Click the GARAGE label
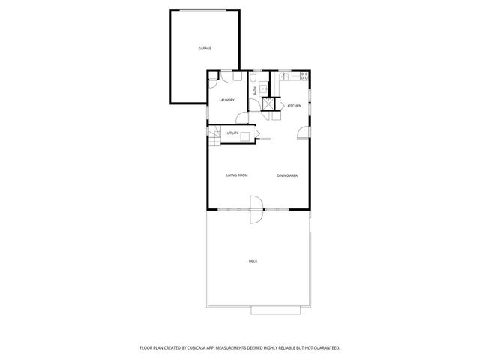pyautogui.click(x=205, y=48)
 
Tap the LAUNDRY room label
pyautogui.click(x=226, y=100)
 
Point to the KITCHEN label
pyautogui.click(x=295, y=106)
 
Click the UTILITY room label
pyautogui.click(x=232, y=133)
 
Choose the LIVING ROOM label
pyautogui.click(x=237, y=175)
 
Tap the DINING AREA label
pyautogui.click(x=287, y=175)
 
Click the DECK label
pyautogui.click(x=253, y=260)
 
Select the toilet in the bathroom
pyautogui.click(x=255, y=78)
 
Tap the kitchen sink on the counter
pyautogui.click(x=285, y=76)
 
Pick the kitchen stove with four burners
pyautogui.click(x=304, y=76)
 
